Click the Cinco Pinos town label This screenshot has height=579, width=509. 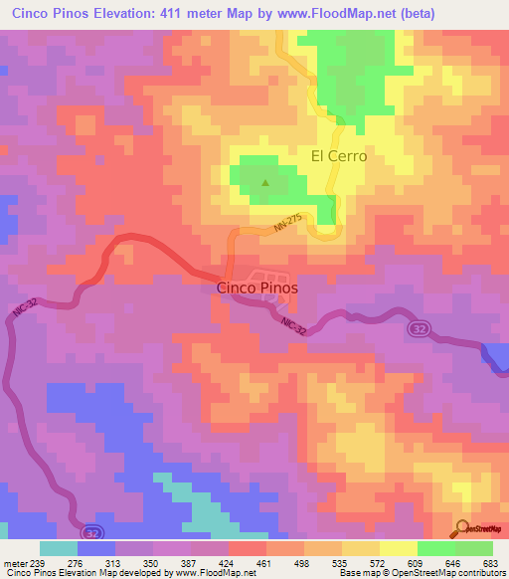coord(256,289)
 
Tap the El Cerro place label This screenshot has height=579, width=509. coord(339,156)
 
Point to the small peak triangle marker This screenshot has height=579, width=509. coord(265,182)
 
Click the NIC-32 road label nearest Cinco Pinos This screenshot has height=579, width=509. coord(294,325)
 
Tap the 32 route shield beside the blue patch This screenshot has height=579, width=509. coord(420,329)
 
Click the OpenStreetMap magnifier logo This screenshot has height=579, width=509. coord(464,527)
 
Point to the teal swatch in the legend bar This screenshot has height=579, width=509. coord(58,548)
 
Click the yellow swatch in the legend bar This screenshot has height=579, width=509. coord(398,548)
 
